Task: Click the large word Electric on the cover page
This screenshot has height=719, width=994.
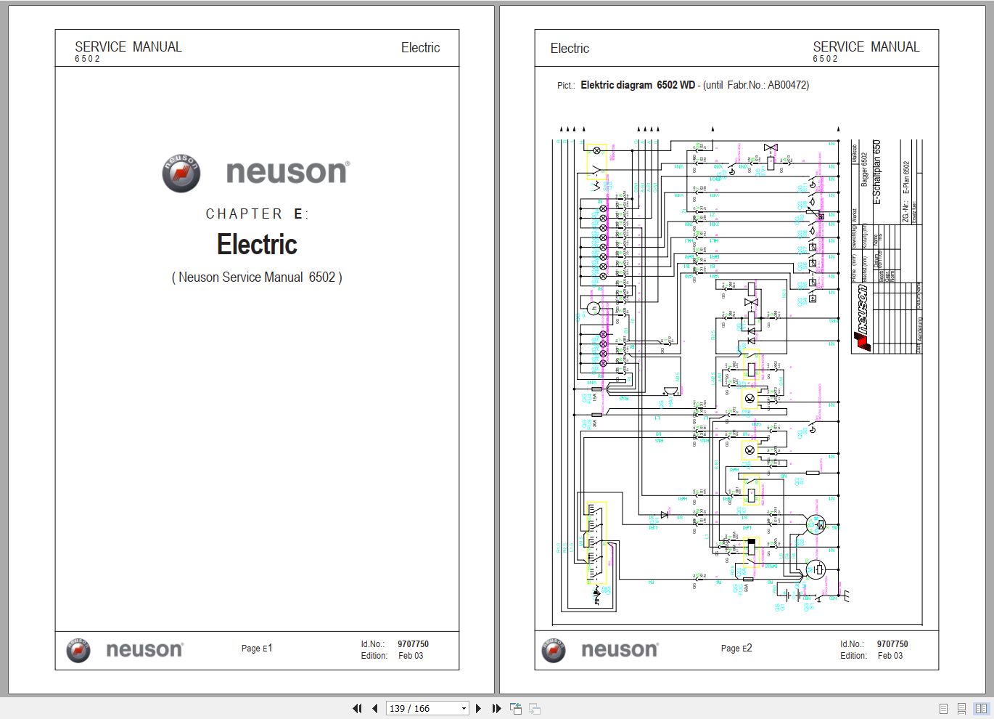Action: tap(257, 245)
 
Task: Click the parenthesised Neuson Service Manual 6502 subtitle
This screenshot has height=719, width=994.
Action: tap(257, 277)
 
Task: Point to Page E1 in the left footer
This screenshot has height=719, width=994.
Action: tap(257, 649)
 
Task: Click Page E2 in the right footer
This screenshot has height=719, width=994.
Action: tap(736, 649)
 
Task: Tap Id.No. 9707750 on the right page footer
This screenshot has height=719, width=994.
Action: tap(874, 644)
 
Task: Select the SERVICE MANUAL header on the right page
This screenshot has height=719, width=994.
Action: tap(866, 47)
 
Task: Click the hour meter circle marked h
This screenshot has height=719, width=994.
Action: tap(593, 309)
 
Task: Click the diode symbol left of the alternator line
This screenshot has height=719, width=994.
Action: tap(664, 515)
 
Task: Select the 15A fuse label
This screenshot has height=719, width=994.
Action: tap(594, 397)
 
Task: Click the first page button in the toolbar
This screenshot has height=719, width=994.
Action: tap(357, 708)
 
